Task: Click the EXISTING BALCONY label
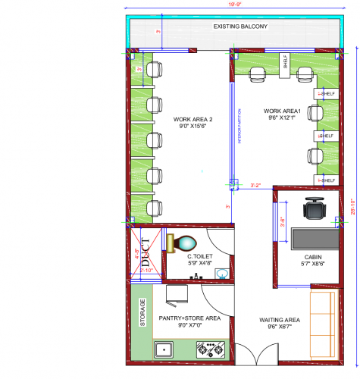point(236,27)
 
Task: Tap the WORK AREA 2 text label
point(193,124)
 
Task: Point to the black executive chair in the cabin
point(313,208)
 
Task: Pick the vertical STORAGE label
point(142,312)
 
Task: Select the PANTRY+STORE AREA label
point(189,321)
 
